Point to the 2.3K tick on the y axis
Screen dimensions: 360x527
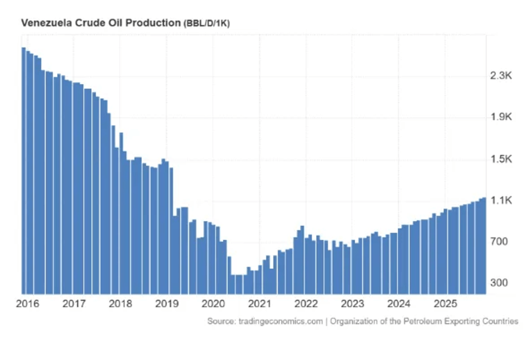pos(500,76)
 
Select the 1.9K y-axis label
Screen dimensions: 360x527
pos(500,118)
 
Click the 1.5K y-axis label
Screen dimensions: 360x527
pos(500,159)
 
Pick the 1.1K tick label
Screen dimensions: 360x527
pos(500,201)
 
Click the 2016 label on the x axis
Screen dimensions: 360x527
pos(27,304)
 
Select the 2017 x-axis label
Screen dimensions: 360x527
pos(74,304)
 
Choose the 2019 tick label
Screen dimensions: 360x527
pos(167,304)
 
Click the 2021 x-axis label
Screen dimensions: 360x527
pos(260,304)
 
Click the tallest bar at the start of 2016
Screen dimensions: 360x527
pos(24,170)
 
